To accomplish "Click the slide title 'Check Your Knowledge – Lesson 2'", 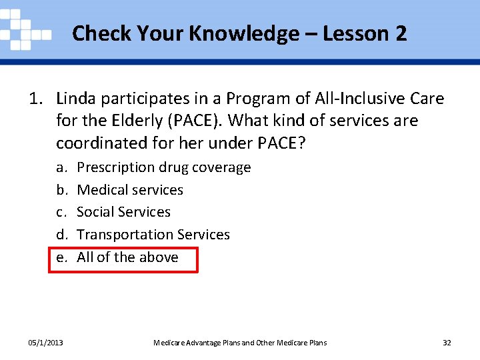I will [x=239, y=33].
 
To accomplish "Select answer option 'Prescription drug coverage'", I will [x=163, y=167].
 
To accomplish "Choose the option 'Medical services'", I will [x=130, y=190].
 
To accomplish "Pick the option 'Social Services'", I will [x=123, y=212].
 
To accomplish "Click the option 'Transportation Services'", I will [x=153, y=235].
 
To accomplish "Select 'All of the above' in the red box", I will [x=127, y=257].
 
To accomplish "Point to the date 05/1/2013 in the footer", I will [x=45, y=343].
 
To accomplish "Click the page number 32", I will [x=447, y=343].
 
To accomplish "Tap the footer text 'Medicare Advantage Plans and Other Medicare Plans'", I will [x=240, y=343].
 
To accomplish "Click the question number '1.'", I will [x=36, y=99].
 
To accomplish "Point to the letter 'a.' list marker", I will [x=61, y=167].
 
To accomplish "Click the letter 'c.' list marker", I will [x=61, y=212].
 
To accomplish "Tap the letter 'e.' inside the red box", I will [x=61, y=257].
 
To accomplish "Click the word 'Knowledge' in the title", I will [x=245, y=33].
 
